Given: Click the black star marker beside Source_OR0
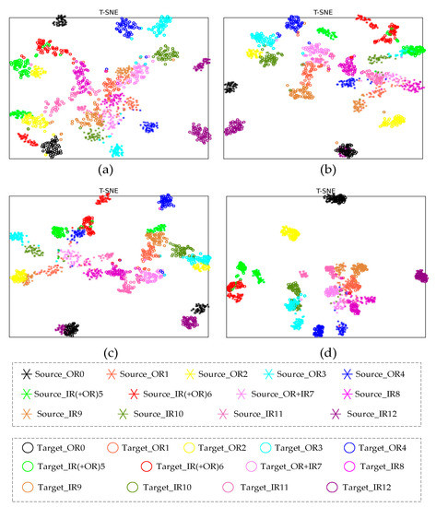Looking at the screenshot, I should point(25,374).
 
